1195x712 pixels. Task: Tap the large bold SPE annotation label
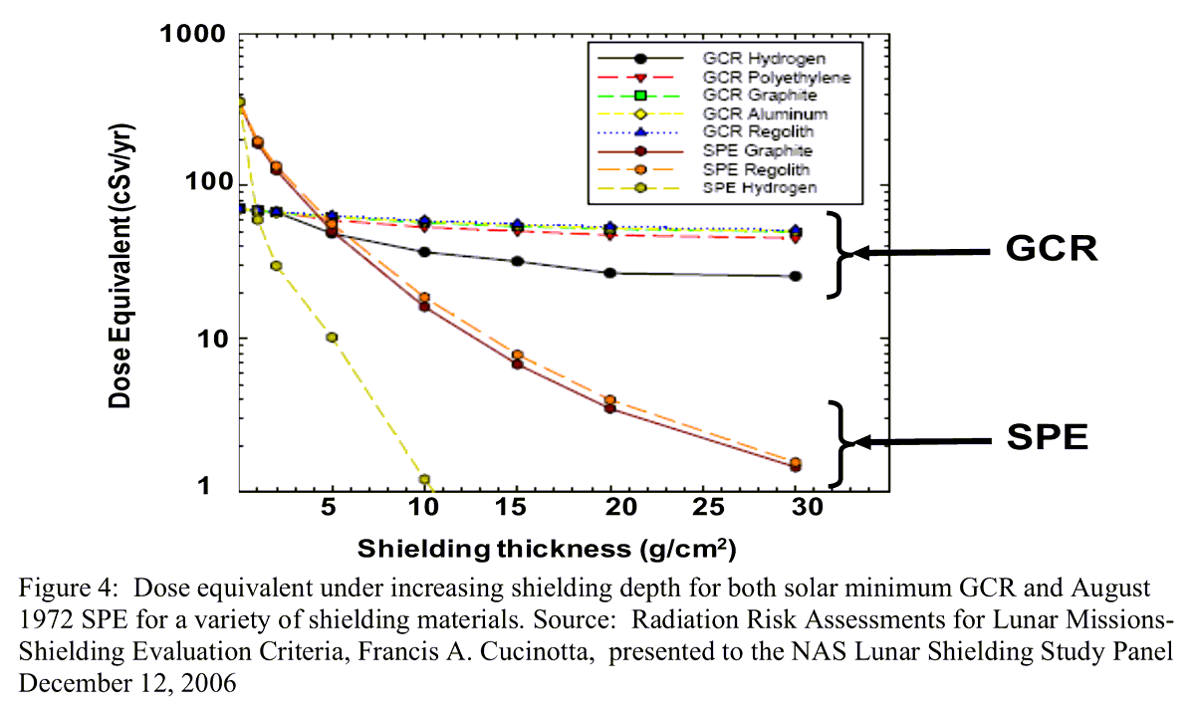click(1046, 439)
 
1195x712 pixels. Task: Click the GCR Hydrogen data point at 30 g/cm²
click(795, 276)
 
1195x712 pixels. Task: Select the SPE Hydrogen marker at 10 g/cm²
click(425, 480)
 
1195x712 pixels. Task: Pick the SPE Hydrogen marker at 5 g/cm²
click(332, 338)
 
